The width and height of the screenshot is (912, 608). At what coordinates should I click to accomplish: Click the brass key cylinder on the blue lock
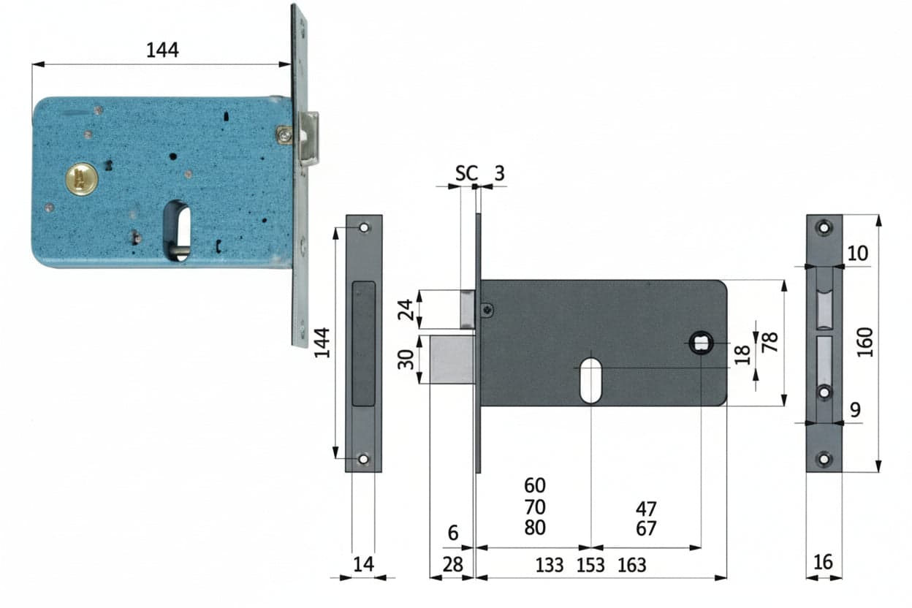(82, 179)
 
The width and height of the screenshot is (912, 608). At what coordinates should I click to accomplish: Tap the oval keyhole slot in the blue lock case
(177, 231)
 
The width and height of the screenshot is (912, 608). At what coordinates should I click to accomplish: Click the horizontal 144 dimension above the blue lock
(162, 50)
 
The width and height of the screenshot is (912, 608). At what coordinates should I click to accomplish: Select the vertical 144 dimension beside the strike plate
(322, 343)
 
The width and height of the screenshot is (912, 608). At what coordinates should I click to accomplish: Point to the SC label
(466, 173)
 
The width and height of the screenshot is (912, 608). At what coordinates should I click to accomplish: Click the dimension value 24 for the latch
(406, 310)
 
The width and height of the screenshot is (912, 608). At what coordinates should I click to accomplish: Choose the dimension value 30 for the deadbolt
(406, 359)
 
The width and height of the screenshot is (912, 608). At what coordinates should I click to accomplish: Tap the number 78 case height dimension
(769, 342)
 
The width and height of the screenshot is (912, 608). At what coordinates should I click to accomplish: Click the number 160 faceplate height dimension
(865, 343)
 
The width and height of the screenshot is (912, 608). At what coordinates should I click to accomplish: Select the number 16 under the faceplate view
(823, 563)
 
